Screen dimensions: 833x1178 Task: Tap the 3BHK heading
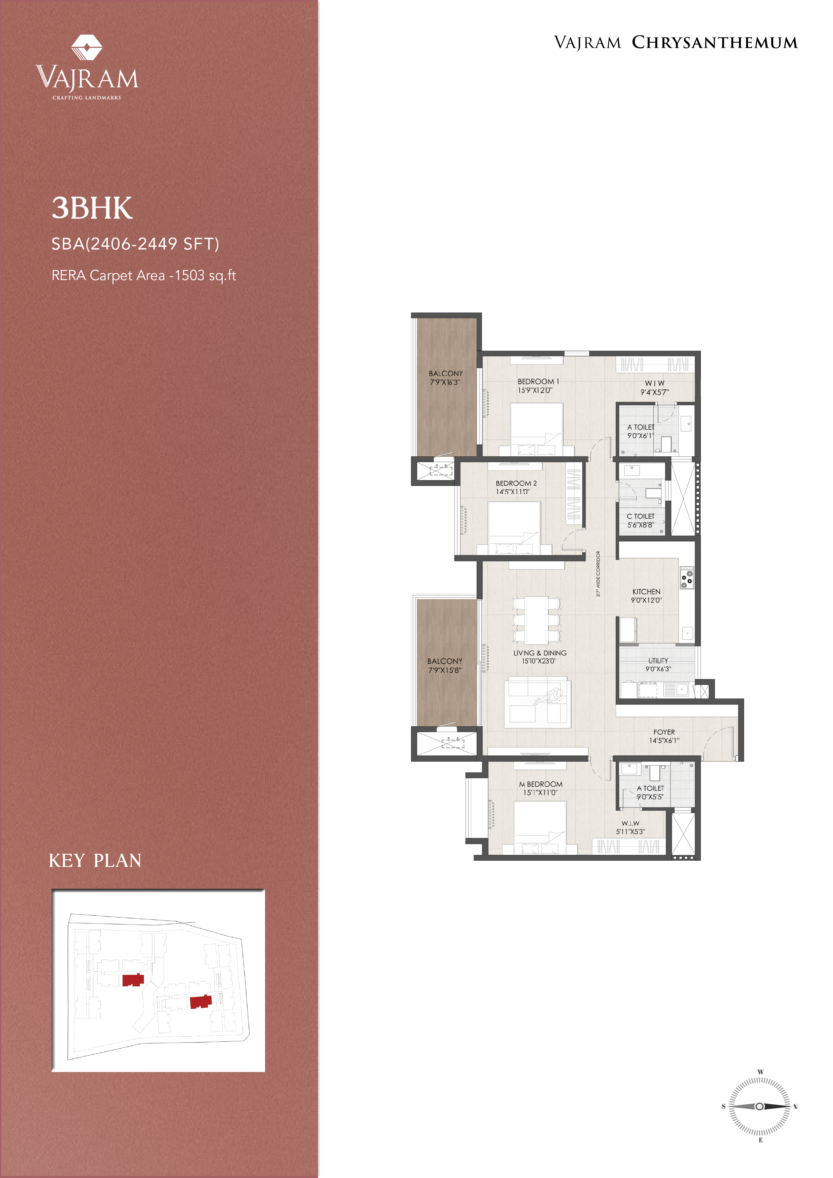(92, 208)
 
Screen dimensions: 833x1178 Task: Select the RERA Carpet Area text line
(144, 275)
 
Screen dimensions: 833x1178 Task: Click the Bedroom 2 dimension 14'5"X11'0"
(512, 492)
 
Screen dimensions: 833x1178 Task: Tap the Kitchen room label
(646, 592)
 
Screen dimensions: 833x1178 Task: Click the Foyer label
(664, 732)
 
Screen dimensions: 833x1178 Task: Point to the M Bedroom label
(540, 784)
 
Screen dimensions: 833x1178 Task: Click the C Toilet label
(641, 516)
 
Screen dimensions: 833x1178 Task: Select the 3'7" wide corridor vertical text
(598, 574)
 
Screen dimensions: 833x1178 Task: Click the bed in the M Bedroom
(540, 827)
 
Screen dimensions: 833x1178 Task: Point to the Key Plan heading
(95, 860)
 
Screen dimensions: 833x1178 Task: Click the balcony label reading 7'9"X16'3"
(444, 382)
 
